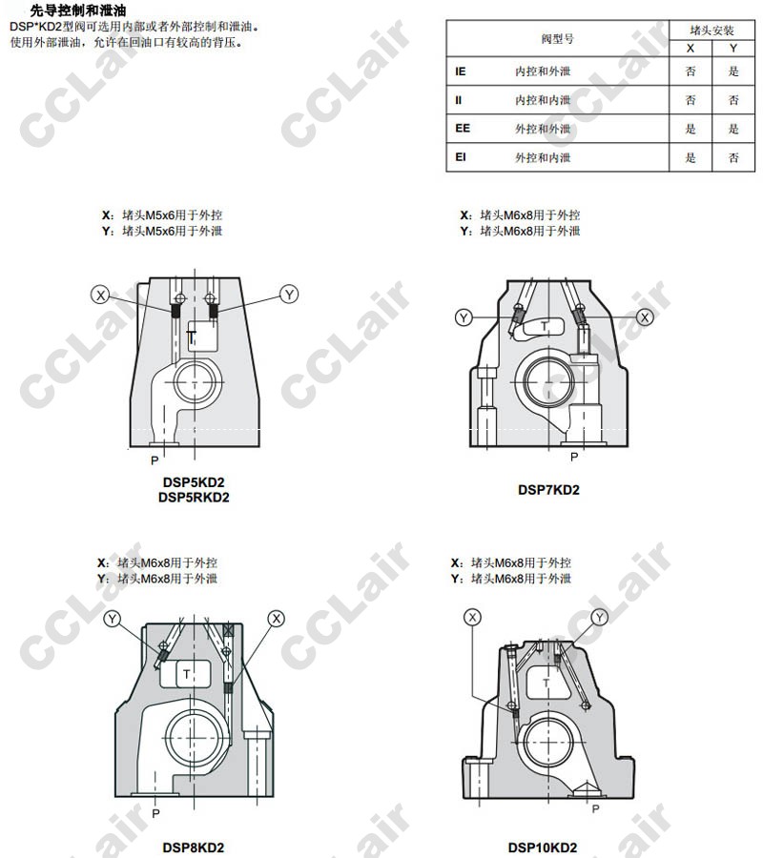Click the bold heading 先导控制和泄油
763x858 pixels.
pos(78,10)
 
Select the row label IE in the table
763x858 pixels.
pos(461,71)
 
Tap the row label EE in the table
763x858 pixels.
pos(463,128)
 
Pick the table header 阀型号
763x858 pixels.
pos(558,39)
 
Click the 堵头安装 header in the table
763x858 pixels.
pos(711,31)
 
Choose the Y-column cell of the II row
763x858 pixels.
pos(733,99)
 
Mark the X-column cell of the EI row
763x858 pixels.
pos(691,157)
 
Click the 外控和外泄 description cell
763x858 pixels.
pos(543,129)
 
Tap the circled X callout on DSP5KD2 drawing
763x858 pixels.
pos(100,295)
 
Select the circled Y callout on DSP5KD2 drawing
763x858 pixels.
pos(290,295)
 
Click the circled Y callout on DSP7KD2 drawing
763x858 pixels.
pos(464,317)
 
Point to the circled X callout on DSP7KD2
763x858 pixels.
pos(646,317)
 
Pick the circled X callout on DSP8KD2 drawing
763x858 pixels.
pos(277,619)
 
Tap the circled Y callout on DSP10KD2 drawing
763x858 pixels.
pos(600,617)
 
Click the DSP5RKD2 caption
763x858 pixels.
pos(194,498)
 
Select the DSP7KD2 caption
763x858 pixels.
pos(548,490)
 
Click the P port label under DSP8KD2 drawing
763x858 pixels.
pos(156,814)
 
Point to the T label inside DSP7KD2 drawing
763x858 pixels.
pos(544,326)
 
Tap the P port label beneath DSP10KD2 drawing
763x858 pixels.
pos(595,808)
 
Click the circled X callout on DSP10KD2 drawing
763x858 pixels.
pos(473,617)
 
